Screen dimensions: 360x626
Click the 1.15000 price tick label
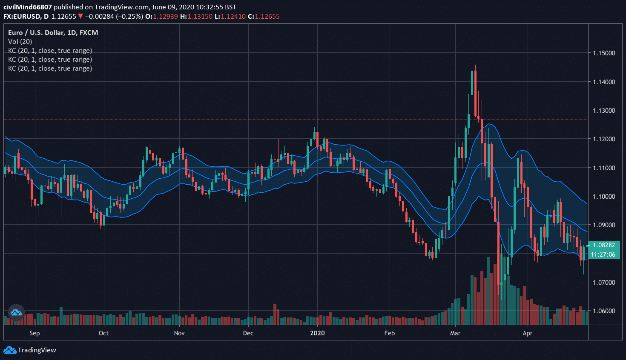604,53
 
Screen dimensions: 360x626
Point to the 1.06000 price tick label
604,311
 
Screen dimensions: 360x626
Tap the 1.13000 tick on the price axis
604,111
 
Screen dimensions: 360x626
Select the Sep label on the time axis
34,333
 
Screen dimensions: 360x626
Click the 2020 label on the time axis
317,333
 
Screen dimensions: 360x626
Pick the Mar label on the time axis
455,333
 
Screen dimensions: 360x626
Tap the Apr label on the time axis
527,333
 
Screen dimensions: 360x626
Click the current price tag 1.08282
604,245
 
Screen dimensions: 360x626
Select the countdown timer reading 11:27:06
603,254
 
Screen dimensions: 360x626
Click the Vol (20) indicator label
20,42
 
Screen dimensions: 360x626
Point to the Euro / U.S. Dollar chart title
53,33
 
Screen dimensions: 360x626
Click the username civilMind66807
28,7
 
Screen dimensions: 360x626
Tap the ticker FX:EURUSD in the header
22,17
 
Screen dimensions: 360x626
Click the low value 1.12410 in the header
233,17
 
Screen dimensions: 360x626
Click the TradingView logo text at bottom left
37,350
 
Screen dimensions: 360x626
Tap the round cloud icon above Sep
16,313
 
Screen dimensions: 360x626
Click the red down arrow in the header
80,17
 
